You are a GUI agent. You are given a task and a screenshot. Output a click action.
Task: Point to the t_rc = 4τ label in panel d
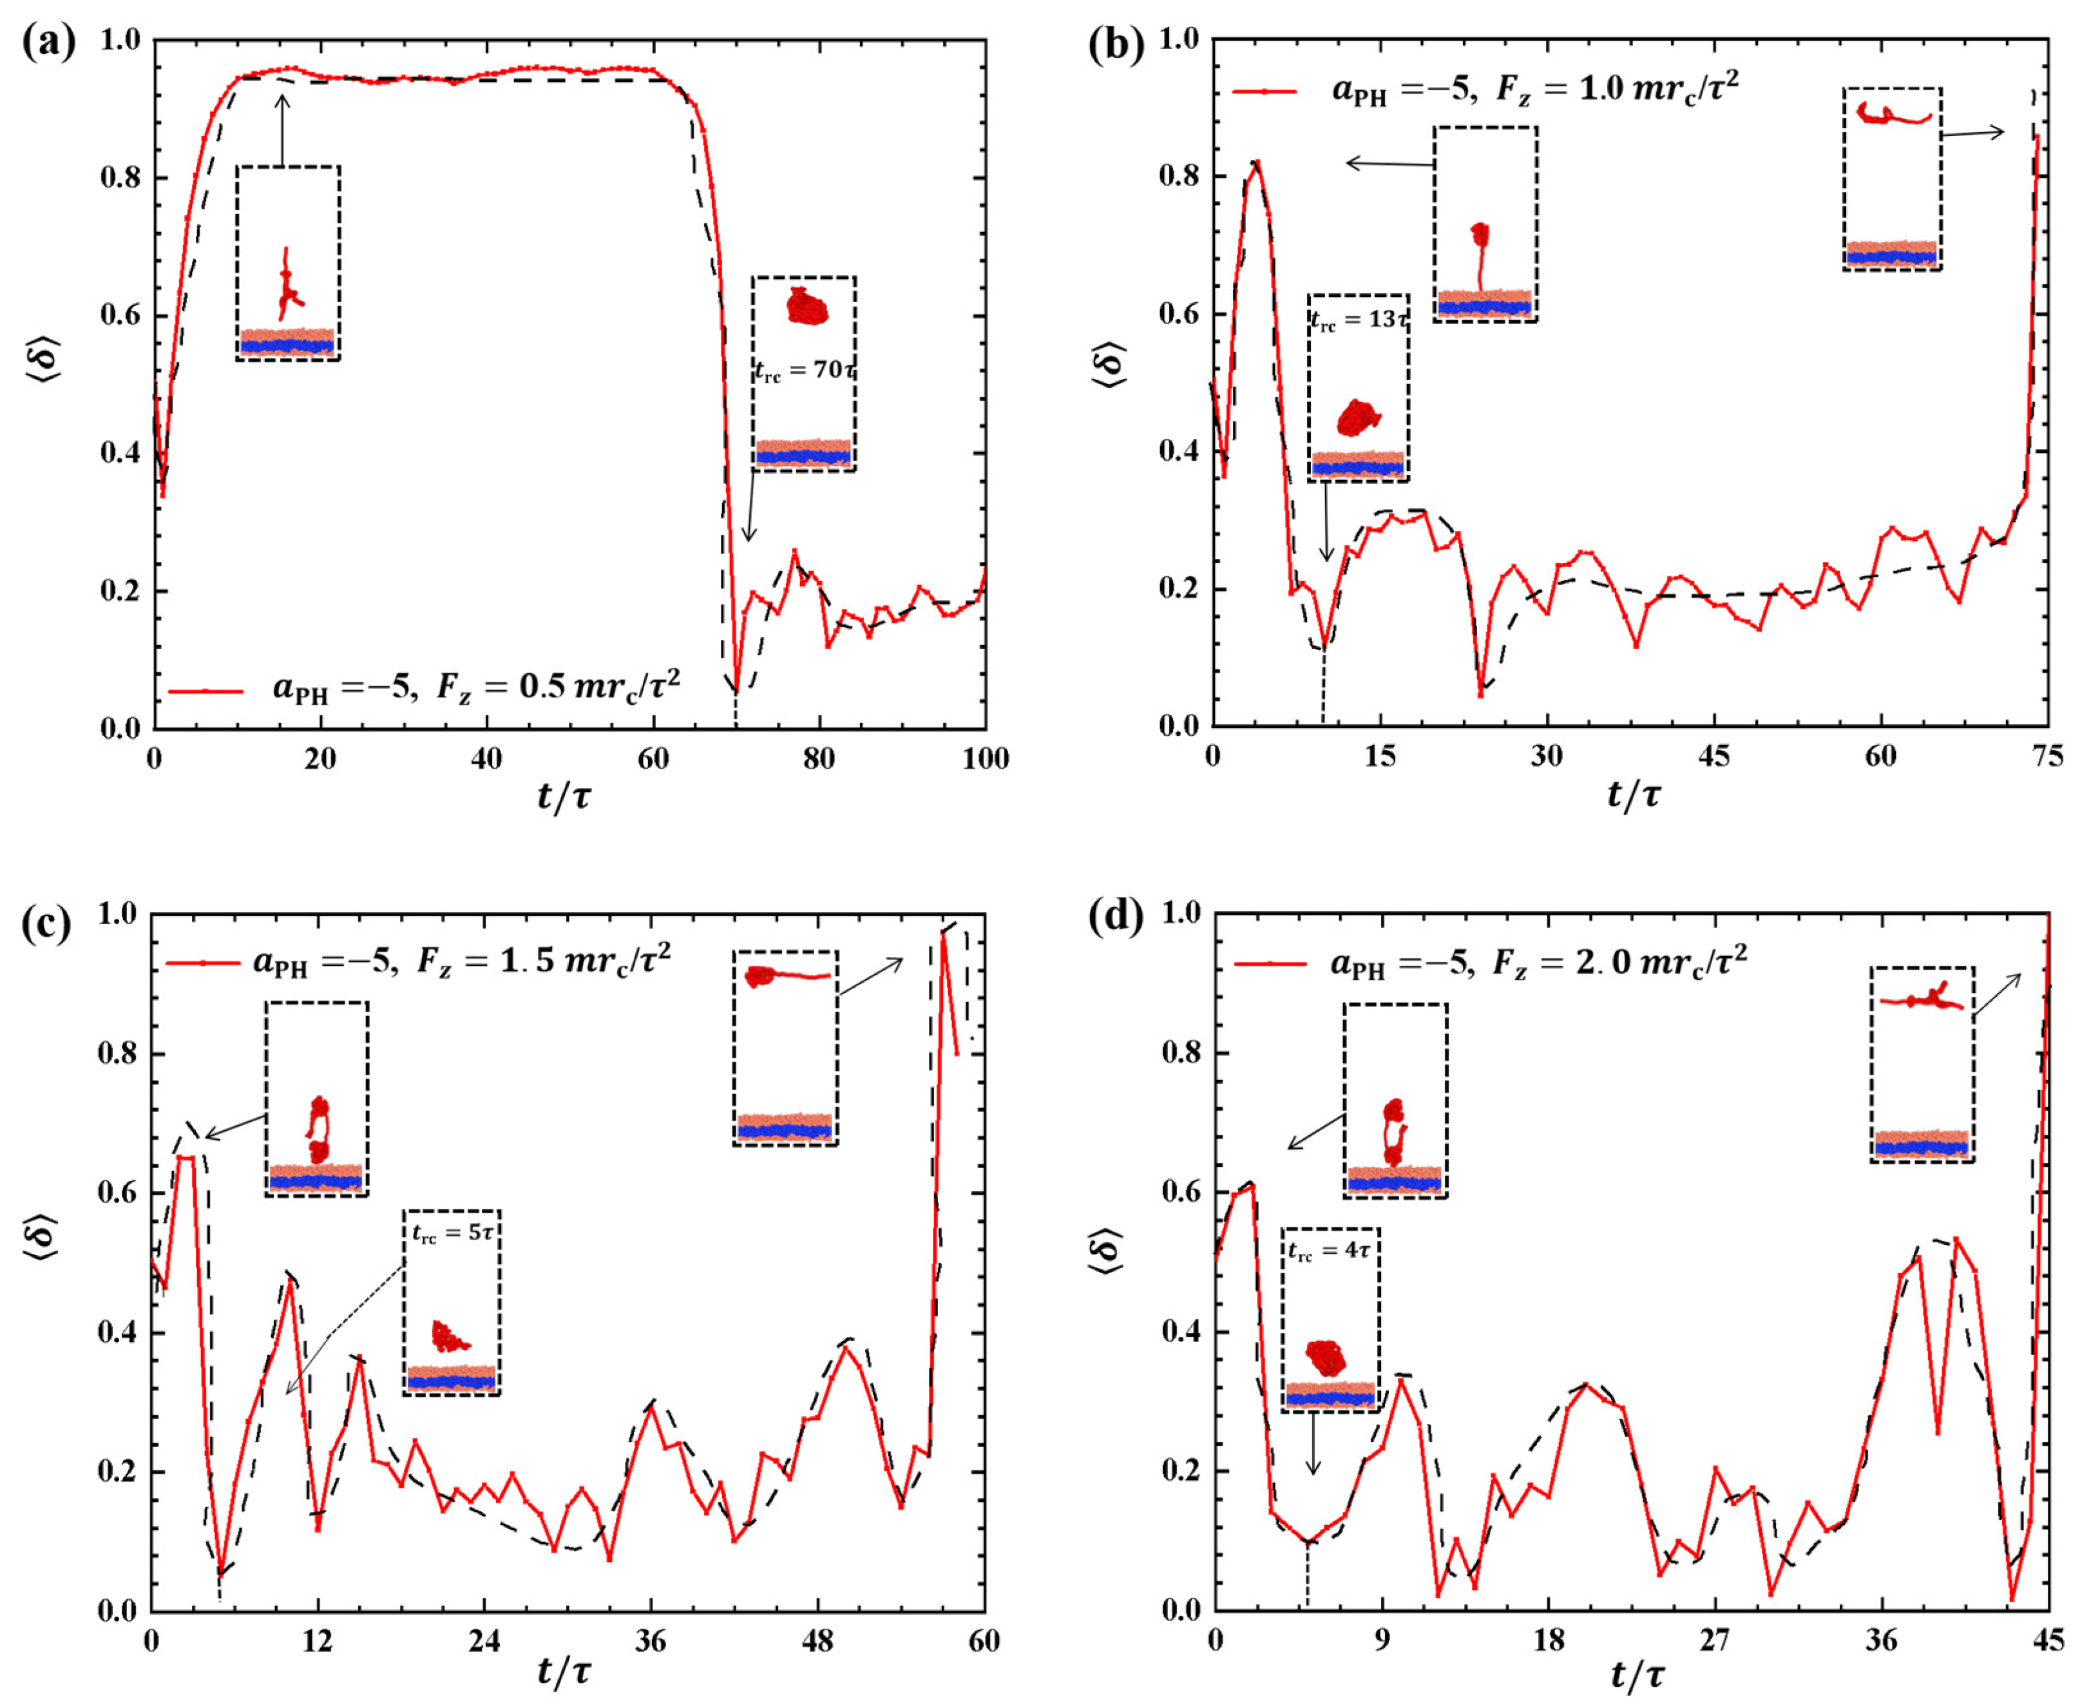point(1328,1251)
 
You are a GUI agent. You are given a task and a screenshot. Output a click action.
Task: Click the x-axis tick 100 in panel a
point(984,758)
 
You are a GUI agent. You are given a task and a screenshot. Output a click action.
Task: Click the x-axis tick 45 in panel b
point(1713,755)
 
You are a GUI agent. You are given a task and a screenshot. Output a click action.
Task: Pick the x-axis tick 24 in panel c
point(484,1640)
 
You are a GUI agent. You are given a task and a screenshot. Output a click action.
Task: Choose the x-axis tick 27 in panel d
point(1714,1640)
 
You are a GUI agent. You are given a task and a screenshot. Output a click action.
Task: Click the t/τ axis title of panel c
point(564,1671)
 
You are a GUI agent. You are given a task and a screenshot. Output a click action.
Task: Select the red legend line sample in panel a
point(205,691)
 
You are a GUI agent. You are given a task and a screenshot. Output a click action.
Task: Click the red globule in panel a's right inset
point(807,307)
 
